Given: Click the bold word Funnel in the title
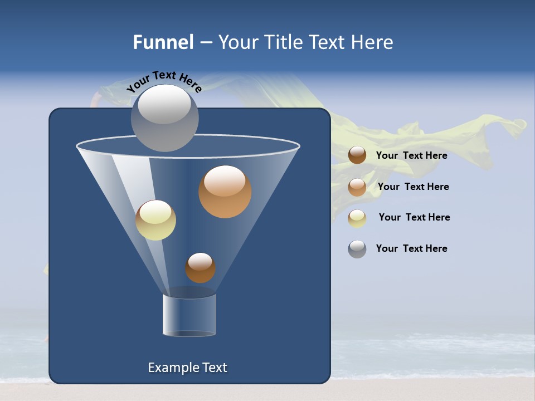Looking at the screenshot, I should click(163, 42).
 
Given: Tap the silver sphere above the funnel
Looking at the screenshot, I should click(164, 117).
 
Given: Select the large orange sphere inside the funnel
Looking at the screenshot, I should click(225, 191).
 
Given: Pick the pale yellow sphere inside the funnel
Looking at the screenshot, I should click(155, 220).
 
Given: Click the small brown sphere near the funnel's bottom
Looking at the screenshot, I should click(200, 267).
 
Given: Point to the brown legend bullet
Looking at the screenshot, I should click(357, 155).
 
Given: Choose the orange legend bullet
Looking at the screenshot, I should click(357, 187).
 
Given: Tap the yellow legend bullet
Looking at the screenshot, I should click(357, 218).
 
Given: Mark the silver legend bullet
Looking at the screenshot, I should click(357, 249).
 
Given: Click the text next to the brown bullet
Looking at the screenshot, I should click(411, 155).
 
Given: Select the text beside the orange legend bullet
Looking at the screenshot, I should click(413, 187).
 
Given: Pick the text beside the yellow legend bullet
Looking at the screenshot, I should click(414, 217).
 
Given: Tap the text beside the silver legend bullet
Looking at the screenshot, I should click(411, 248).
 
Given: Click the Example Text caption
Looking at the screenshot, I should click(188, 368).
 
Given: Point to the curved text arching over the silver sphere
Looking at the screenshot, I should click(164, 80).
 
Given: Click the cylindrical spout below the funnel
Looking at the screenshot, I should click(189, 315).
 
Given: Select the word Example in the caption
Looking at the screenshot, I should click(169, 368).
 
